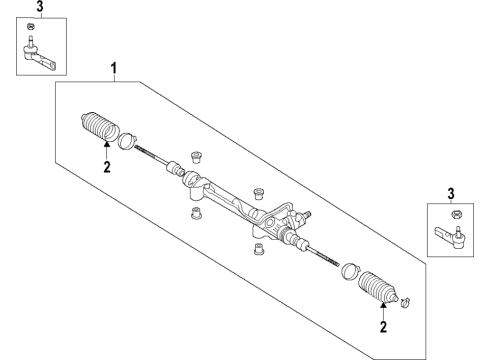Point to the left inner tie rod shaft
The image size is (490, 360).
pos(158,156)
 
